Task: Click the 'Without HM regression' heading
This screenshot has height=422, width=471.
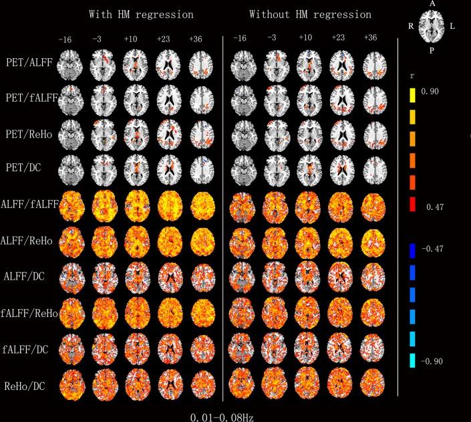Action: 310,14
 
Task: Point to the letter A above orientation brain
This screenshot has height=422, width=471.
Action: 432,4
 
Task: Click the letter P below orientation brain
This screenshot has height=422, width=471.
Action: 432,49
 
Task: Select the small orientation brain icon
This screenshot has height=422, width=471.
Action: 432,25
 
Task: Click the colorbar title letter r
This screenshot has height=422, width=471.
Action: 412,76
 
